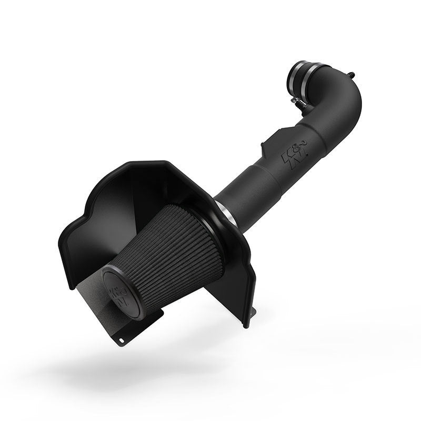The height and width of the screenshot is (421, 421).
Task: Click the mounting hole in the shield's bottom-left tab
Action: [x=121, y=339]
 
